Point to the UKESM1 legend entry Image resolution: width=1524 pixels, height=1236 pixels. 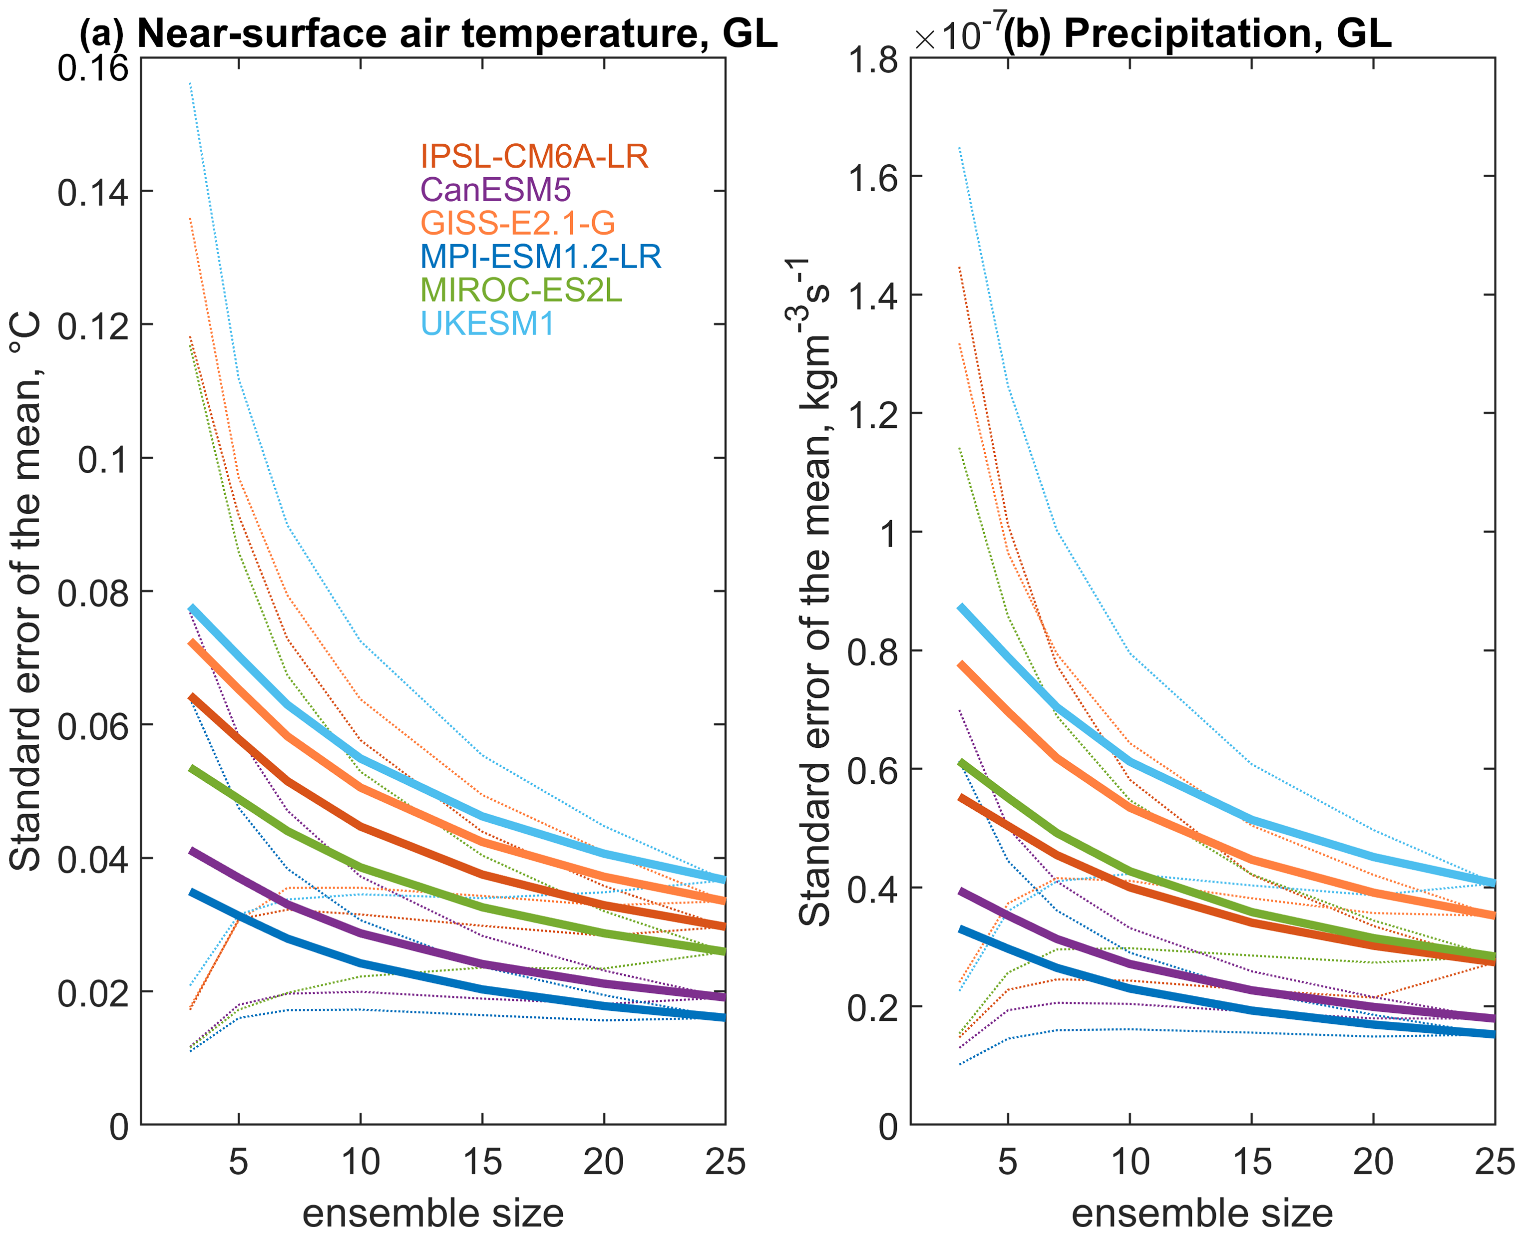(487, 324)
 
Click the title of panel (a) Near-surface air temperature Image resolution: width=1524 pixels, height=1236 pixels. (428, 33)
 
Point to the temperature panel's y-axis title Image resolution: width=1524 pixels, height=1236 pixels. (25, 591)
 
